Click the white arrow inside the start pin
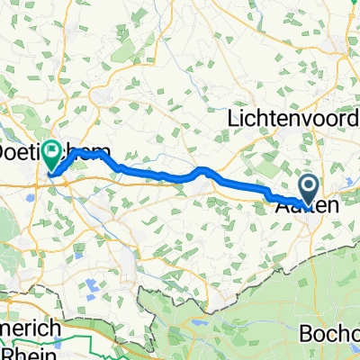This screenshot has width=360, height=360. tap(309, 186)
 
